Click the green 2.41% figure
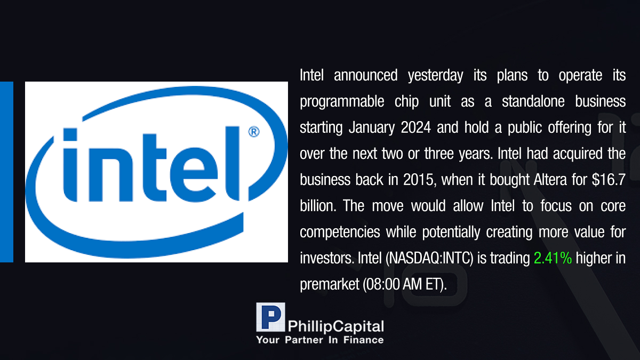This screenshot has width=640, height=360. (553, 258)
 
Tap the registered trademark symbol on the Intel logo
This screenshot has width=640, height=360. (254, 132)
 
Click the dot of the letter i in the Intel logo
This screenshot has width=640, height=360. (70, 134)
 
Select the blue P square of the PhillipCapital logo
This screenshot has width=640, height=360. (270, 317)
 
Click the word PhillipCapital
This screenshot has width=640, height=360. (335, 326)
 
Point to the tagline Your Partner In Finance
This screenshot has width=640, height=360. (319, 340)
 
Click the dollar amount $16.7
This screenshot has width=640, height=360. (609, 179)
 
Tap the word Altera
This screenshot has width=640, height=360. (550, 180)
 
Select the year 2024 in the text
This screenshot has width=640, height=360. (415, 127)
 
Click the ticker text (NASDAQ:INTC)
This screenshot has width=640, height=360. (429, 258)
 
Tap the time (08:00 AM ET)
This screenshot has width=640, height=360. (405, 284)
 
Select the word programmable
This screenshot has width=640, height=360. (342, 102)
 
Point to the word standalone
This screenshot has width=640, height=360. (533, 101)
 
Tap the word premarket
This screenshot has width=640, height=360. (330, 285)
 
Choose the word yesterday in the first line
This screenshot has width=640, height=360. (435, 76)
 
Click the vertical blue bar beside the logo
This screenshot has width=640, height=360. (6, 172)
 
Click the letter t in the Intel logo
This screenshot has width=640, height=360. (154, 167)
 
